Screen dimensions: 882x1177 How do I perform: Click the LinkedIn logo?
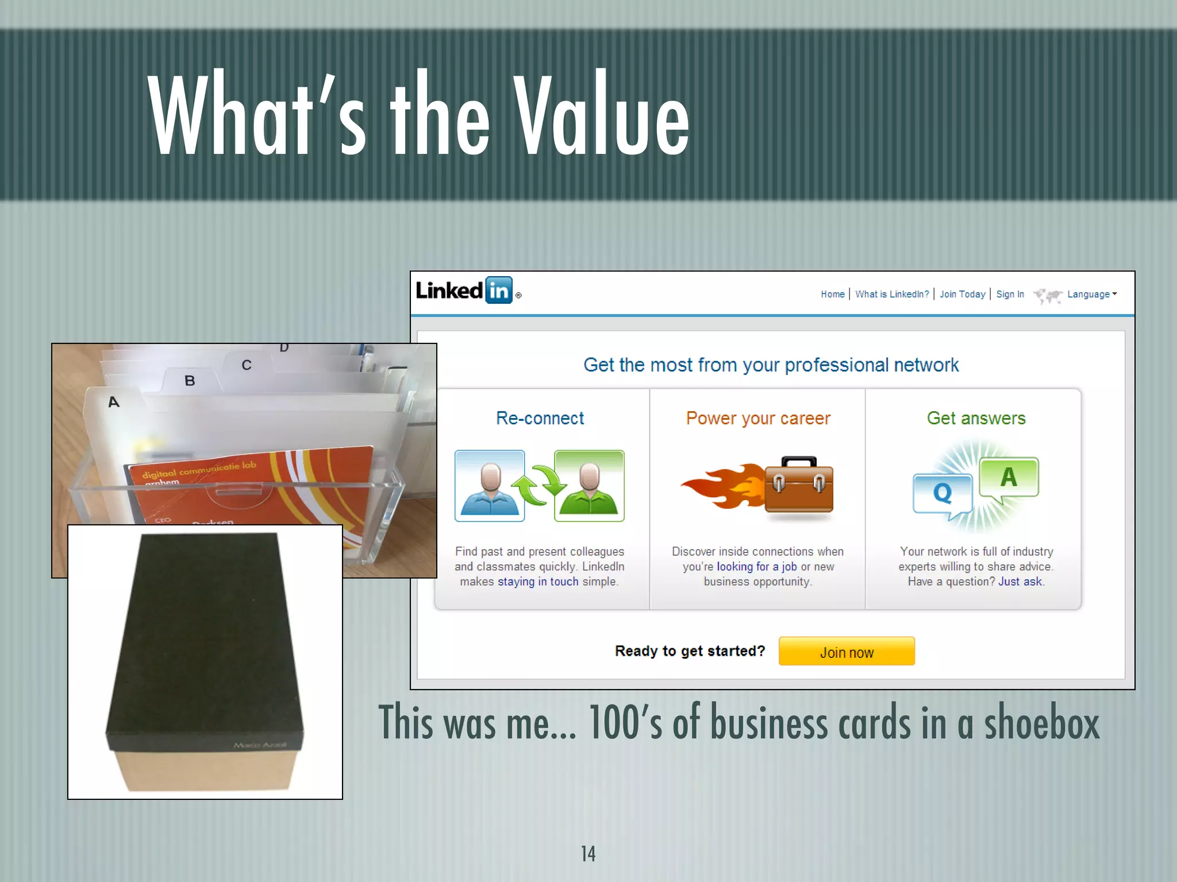(x=464, y=291)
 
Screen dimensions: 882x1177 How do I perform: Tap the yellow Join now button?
(x=847, y=652)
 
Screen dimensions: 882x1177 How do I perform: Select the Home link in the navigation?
(x=832, y=294)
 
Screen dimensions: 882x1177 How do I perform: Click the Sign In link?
(x=1010, y=294)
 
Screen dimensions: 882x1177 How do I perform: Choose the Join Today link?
(x=962, y=294)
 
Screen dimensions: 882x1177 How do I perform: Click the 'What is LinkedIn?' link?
(x=891, y=294)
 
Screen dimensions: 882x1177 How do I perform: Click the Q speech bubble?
(x=942, y=494)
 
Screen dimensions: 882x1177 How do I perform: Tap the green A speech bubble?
(x=1009, y=477)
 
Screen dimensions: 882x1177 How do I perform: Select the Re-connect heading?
(x=540, y=418)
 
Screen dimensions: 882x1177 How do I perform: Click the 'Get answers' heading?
(x=976, y=418)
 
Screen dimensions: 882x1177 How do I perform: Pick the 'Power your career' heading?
(x=758, y=418)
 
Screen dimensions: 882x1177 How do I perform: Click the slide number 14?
(x=588, y=854)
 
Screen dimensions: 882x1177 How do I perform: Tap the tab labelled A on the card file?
(x=114, y=402)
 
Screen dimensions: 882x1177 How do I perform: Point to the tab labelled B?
(x=190, y=381)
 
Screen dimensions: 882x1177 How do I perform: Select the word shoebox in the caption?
(x=1041, y=723)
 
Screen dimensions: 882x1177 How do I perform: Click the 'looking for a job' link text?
(x=756, y=567)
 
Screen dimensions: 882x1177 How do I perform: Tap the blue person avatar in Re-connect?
(x=490, y=486)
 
